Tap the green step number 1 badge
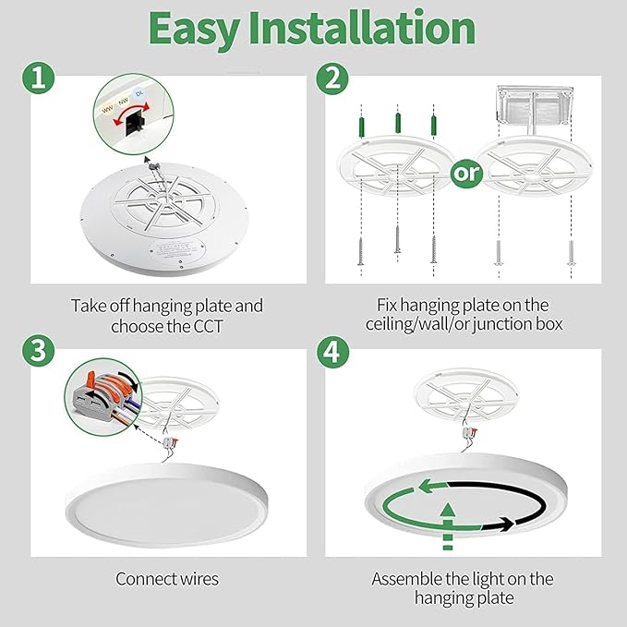tap(38, 78)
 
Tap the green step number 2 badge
tap(331, 78)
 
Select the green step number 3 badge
tap(38, 352)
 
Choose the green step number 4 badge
tap(331, 352)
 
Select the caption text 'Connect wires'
tap(167, 579)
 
